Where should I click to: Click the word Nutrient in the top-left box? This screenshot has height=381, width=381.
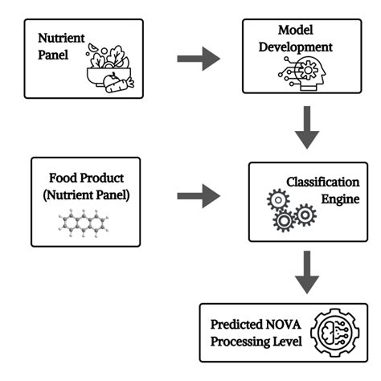60,38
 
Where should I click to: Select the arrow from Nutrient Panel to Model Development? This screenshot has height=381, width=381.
198,58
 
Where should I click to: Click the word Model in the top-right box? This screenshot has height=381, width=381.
295,30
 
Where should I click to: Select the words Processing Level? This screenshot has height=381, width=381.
256,343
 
